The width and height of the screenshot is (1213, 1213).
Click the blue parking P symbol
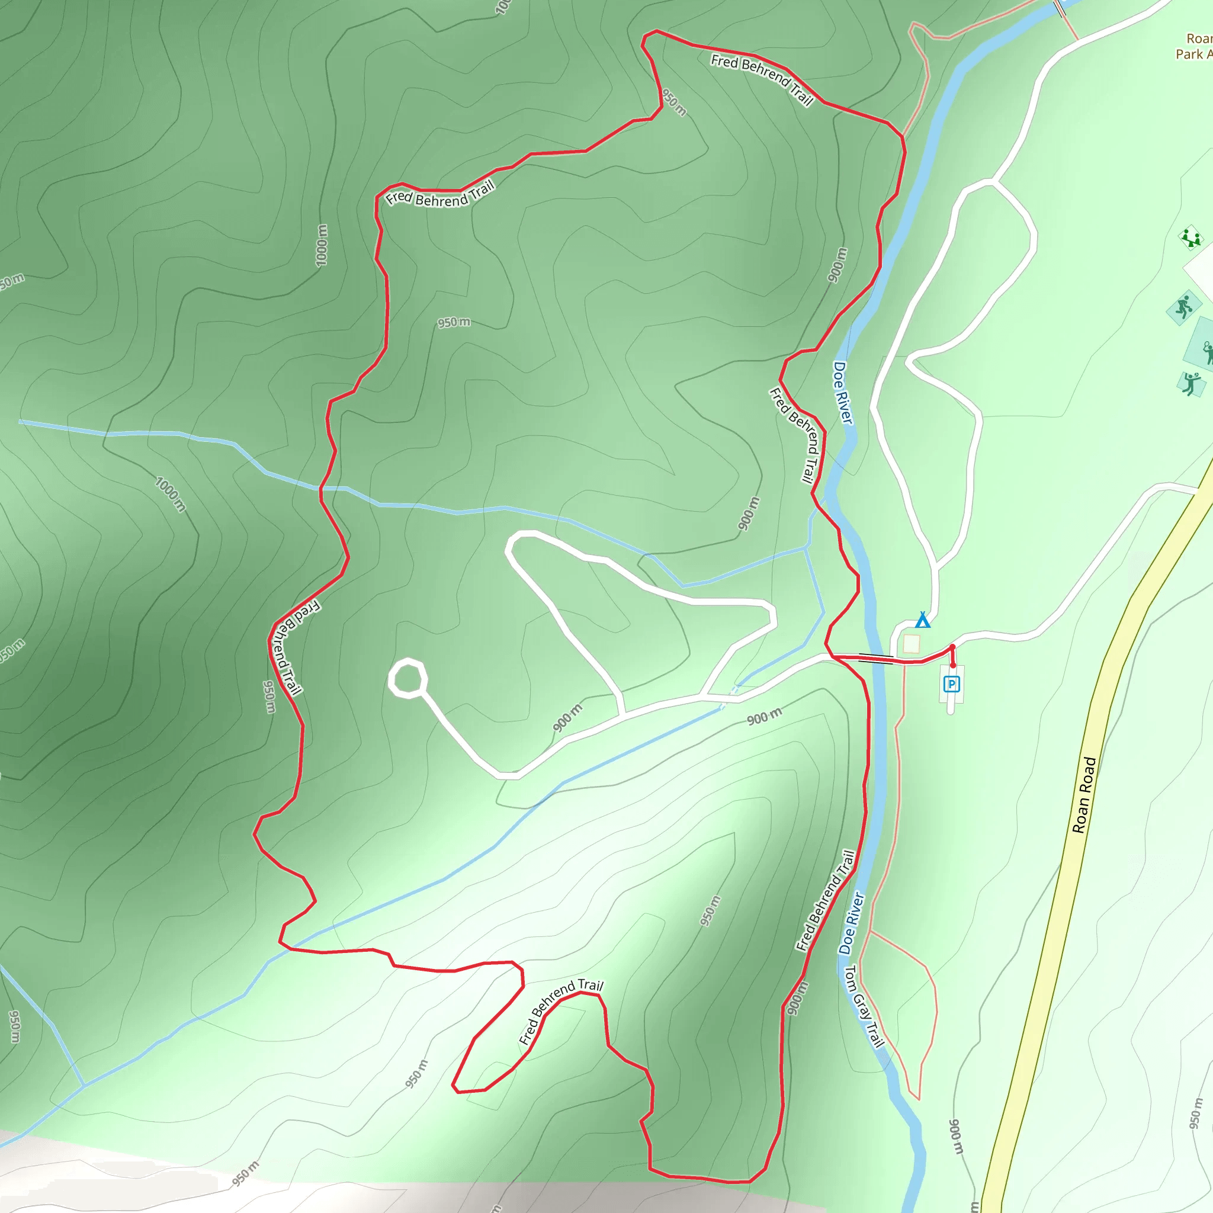(x=951, y=683)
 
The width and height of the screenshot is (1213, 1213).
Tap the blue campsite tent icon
(x=922, y=620)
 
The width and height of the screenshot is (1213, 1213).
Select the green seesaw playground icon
(x=1190, y=238)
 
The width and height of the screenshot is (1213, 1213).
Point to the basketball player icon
(x=1183, y=307)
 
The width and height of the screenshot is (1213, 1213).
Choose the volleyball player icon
(x=1190, y=383)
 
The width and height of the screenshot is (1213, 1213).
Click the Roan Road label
(x=1084, y=795)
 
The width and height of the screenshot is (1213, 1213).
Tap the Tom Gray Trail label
(x=864, y=1006)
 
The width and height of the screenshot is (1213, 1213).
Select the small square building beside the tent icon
(x=911, y=644)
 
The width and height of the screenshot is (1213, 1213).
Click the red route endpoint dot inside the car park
(x=952, y=666)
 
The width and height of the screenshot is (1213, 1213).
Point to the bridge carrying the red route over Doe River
(x=876, y=659)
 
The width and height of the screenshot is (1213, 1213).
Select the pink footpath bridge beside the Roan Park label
(x=1060, y=8)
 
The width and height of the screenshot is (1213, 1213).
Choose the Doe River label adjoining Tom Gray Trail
(x=851, y=923)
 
